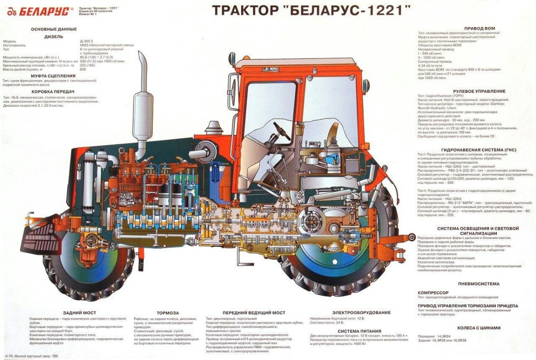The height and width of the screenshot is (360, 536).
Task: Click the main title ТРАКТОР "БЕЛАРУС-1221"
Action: click(310, 10)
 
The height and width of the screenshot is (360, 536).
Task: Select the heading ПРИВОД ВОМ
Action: click(479, 28)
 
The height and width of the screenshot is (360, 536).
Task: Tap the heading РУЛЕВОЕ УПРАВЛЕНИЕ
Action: click(479, 91)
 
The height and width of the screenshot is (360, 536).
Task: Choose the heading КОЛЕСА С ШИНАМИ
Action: click(479, 327)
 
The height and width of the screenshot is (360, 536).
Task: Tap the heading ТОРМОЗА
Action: click(168, 313)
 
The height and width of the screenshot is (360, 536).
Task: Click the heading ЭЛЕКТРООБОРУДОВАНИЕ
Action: click(361, 313)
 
